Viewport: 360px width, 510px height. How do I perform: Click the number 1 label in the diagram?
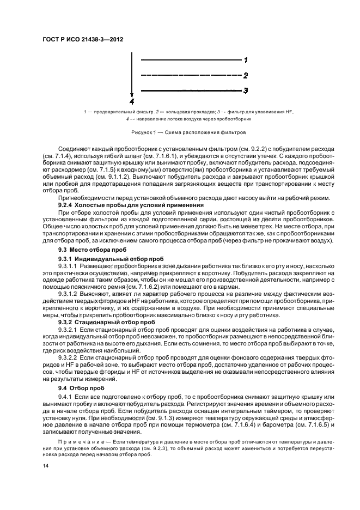[246, 60]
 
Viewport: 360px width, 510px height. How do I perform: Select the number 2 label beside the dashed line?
[246, 75]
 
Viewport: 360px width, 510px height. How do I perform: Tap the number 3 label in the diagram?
[246, 90]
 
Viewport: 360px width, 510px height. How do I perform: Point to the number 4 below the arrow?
[131, 101]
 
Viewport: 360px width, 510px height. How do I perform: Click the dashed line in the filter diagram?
[191, 75]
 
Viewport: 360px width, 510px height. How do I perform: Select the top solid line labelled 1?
[191, 59]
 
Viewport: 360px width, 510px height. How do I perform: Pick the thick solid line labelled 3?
[191, 90]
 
